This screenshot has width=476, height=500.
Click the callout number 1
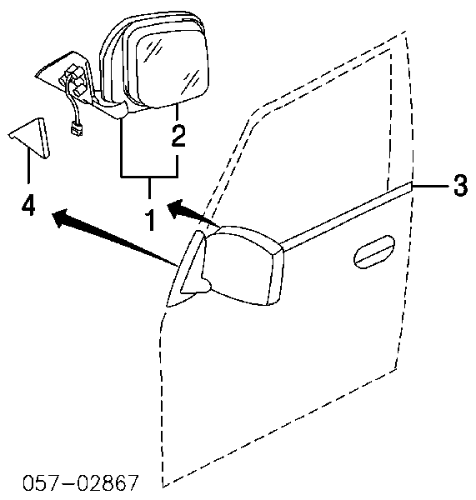pyautogui.click(x=149, y=220)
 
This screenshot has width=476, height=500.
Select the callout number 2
pyautogui.click(x=178, y=136)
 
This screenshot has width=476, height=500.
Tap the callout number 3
pyautogui.click(x=460, y=185)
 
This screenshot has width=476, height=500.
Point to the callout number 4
pyautogui.click(x=28, y=206)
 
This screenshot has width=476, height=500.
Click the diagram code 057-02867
pyautogui.click(x=81, y=482)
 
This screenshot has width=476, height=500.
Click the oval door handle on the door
pyautogui.click(x=374, y=252)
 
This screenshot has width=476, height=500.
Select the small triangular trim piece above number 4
pyautogui.click(x=30, y=137)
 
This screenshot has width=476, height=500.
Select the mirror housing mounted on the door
pyautogui.click(x=243, y=266)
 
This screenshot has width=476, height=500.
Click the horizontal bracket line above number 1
pyautogui.click(x=149, y=176)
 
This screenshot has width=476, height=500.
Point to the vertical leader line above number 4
pyautogui.click(x=28, y=167)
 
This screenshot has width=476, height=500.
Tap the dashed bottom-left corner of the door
pyautogui.click(x=163, y=487)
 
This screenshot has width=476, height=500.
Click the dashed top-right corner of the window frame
pyautogui.click(x=406, y=32)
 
